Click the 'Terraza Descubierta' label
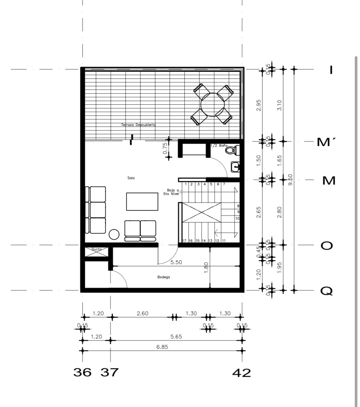(x=138, y=125)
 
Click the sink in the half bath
(x=235, y=167)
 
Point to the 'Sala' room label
(x=131, y=178)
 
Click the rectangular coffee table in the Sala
(x=142, y=201)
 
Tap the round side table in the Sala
(x=114, y=234)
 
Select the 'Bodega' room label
(x=164, y=277)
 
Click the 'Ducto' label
(x=97, y=249)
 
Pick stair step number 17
(x=184, y=241)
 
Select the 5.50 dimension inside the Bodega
(x=176, y=262)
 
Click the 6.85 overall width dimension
(x=162, y=347)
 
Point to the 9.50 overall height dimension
(x=291, y=180)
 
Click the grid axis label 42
(x=241, y=373)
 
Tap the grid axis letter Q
(x=327, y=291)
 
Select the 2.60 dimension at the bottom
(x=142, y=313)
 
